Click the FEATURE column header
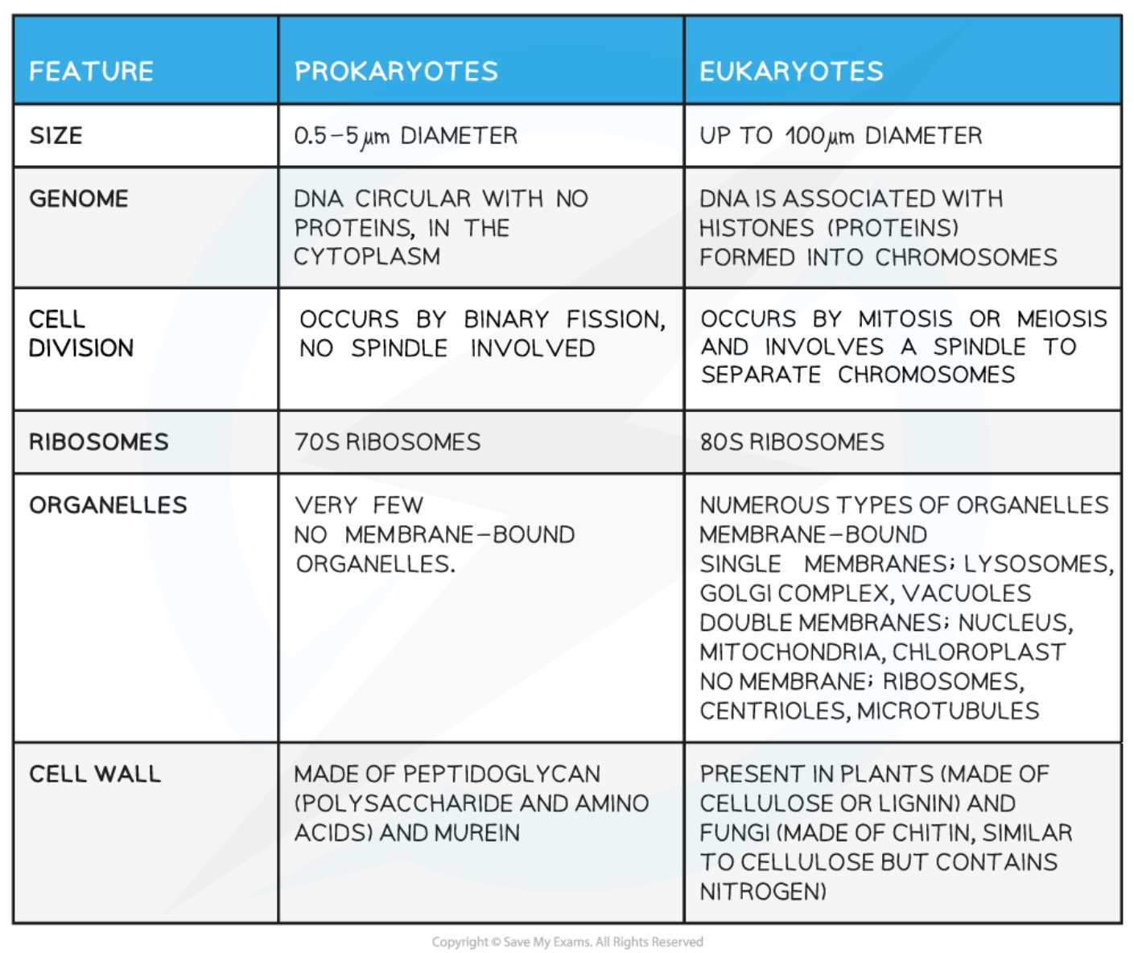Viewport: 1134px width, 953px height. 91,72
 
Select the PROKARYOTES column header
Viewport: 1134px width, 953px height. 396,72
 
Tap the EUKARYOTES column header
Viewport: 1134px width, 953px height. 791,72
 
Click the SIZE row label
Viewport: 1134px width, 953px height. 56,135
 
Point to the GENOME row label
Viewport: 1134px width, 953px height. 79,199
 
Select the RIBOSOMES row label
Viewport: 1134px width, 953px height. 99,442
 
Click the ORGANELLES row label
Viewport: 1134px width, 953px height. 108,505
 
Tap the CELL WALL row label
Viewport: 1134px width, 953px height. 95,774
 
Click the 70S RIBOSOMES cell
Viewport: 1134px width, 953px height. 387,442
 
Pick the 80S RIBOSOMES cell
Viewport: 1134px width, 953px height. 792,442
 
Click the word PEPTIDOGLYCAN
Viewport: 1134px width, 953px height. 501,774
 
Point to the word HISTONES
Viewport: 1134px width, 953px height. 757,229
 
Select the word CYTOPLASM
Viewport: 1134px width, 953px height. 367,257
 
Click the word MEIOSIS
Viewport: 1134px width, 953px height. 1062,319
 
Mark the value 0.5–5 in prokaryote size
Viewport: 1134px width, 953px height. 326,135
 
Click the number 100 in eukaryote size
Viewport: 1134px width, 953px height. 804,135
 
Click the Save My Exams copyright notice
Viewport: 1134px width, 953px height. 567,942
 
